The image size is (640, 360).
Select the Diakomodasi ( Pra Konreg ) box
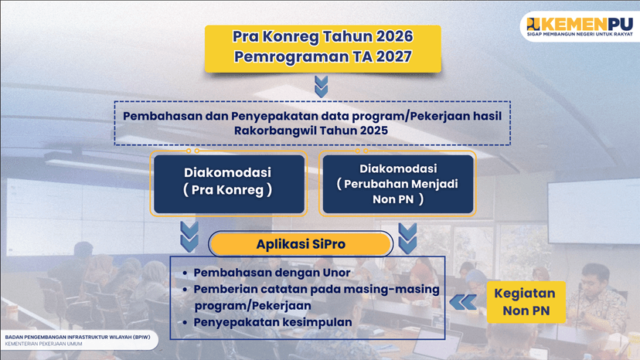pyautogui.click(x=228, y=183)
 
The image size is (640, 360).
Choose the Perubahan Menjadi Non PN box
pyautogui.click(x=397, y=183)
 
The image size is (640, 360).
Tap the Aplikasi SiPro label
pyautogui.click(x=301, y=244)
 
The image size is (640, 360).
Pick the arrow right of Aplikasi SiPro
pyautogui.click(x=407, y=236)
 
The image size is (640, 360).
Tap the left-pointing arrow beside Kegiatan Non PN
pyautogui.click(x=464, y=301)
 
